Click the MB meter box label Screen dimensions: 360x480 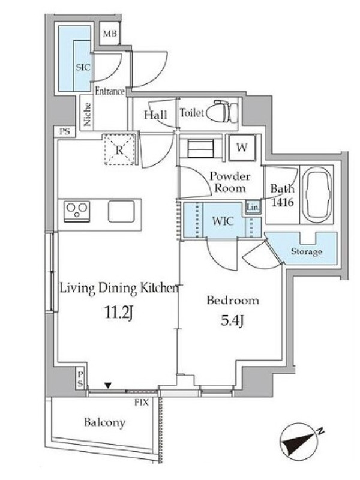(110, 34)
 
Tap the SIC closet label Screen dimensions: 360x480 (83, 67)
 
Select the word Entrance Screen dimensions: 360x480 (110, 91)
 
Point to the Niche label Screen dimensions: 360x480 (87, 114)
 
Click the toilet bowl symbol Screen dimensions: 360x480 (222, 112)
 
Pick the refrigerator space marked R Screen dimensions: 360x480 (119, 149)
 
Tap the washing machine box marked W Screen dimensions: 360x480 (242, 148)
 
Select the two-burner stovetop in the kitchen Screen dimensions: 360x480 (77, 211)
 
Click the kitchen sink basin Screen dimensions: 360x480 (121, 211)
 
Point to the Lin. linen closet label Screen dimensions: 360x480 (253, 207)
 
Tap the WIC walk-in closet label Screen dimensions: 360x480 (223, 221)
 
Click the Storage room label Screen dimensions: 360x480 (307, 251)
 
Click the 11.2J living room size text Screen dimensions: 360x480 (119, 313)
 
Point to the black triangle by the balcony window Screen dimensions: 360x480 (108, 385)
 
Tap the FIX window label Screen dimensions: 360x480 (142, 402)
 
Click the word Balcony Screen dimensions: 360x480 (104, 422)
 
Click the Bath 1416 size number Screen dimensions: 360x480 (282, 202)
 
